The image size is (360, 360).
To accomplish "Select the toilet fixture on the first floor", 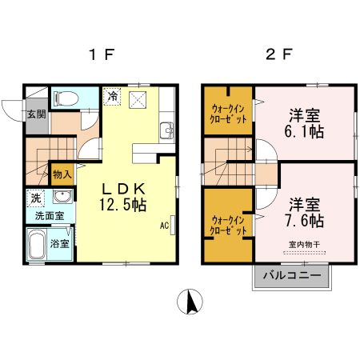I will (x=66, y=99).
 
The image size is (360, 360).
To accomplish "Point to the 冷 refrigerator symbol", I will (x=113, y=95).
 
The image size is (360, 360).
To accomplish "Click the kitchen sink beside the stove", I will (x=166, y=129).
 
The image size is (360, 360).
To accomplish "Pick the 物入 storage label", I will (x=62, y=173).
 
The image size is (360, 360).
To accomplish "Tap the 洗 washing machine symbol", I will (x=36, y=197).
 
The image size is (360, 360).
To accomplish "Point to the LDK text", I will (x=122, y=189).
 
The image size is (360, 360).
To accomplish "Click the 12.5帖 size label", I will (x=122, y=205).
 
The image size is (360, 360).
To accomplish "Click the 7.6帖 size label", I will (x=306, y=220).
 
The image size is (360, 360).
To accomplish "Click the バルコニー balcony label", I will (x=293, y=276).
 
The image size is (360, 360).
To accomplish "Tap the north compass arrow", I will (x=190, y=302).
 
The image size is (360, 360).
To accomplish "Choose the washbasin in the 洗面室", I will (x=62, y=197).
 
